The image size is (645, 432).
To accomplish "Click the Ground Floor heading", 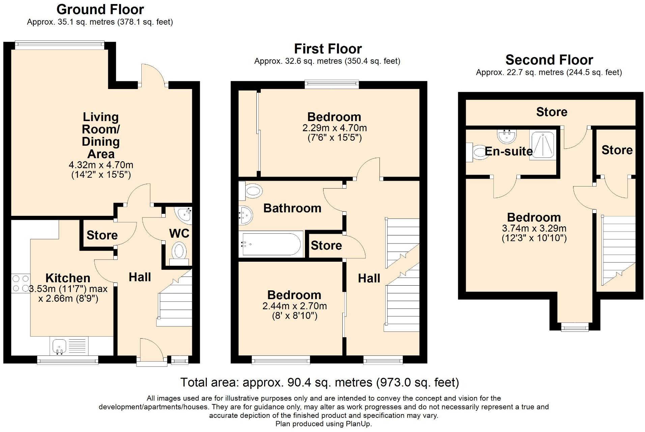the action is pyautogui.click(x=100, y=9).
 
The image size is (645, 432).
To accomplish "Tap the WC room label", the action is pyautogui.click(x=179, y=233).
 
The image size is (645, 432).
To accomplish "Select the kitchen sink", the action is pyautogui.click(x=60, y=346).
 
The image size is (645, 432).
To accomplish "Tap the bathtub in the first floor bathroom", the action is pyautogui.click(x=271, y=244).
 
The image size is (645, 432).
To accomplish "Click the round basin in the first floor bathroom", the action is pyautogui.click(x=246, y=215).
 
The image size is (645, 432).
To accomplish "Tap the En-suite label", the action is pyautogui.click(x=508, y=151).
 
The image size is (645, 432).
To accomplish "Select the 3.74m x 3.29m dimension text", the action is pyautogui.click(x=534, y=228).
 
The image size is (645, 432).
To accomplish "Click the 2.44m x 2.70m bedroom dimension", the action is pyautogui.click(x=295, y=306).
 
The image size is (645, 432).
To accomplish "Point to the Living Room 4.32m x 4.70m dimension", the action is pyautogui.click(x=101, y=165).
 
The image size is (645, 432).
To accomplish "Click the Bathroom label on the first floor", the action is pyautogui.click(x=292, y=208).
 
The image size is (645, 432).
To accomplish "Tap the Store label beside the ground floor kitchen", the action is pyautogui.click(x=102, y=235).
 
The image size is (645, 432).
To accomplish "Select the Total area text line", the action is pyautogui.click(x=320, y=382).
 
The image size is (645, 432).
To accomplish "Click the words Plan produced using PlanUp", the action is pyautogui.click(x=324, y=424).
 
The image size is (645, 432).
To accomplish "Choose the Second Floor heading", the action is pyautogui.click(x=549, y=60).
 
